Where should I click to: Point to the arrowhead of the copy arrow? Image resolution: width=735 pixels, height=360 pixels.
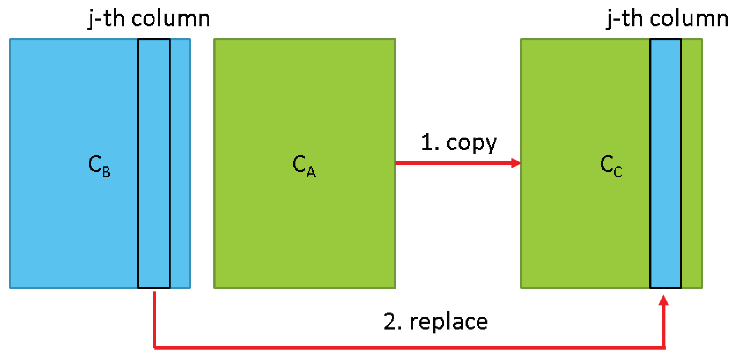(517, 163)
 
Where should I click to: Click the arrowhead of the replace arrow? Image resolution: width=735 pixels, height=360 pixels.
(664, 300)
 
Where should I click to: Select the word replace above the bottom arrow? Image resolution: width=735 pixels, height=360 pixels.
(449, 322)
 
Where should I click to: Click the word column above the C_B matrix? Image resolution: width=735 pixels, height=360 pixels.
(171, 18)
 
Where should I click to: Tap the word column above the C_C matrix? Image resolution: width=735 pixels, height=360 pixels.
(689, 18)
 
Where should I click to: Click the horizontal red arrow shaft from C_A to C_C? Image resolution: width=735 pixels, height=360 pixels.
(453, 163)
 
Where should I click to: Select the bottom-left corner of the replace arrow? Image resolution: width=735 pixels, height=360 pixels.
(154, 347)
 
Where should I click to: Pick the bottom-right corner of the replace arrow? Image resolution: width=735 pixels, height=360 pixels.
(664, 347)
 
